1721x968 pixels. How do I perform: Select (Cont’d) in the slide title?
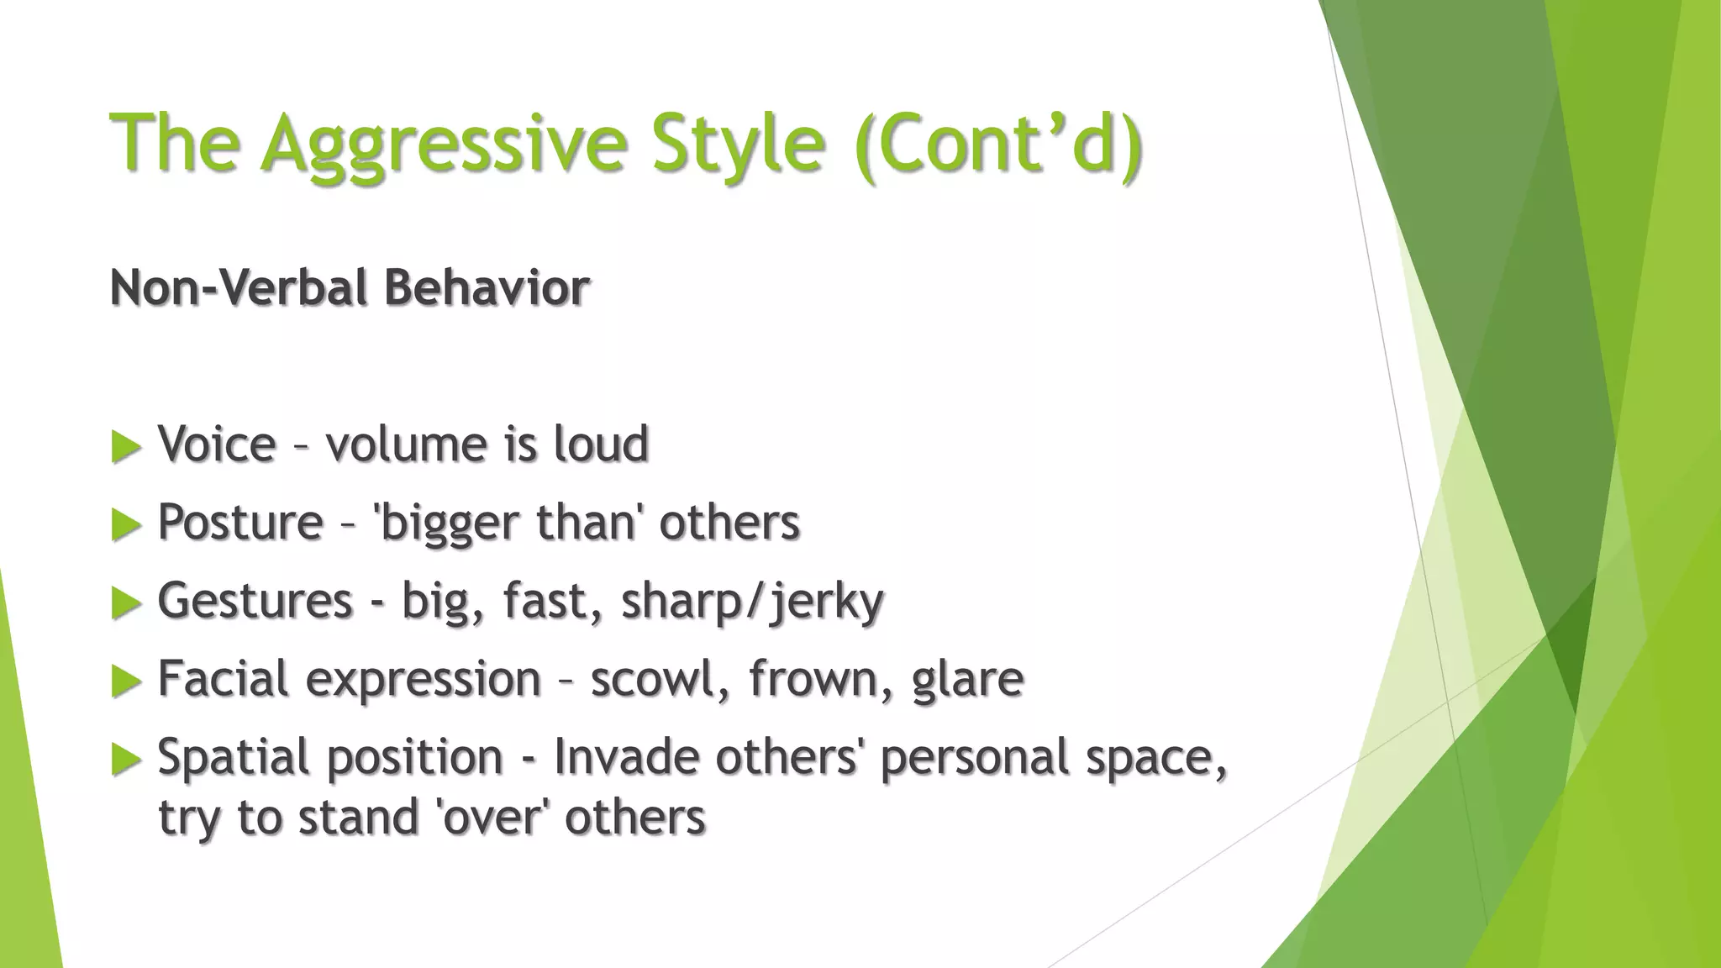pyautogui.click(x=998, y=143)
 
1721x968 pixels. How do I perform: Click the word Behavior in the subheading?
pyautogui.click(x=487, y=288)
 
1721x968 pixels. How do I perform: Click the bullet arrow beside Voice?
pyautogui.click(x=126, y=447)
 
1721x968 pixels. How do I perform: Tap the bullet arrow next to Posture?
pyautogui.click(x=126, y=525)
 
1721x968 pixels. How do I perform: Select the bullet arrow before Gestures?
pyautogui.click(x=126, y=603)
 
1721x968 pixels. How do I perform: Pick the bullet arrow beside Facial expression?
pyautogui.click(x=126, y=681)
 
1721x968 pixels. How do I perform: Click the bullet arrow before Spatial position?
pyautogui.click(x=126, y=760)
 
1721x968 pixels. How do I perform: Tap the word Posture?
pyautogui.click(x=240, y=523)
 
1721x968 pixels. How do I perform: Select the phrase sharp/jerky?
pyautogui.click(x=752, y=602)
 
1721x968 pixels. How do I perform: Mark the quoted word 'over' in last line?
pyautogui.click(x=491, y=818)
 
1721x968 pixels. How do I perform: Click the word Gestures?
pyautogui.click(x=255, y=602)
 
